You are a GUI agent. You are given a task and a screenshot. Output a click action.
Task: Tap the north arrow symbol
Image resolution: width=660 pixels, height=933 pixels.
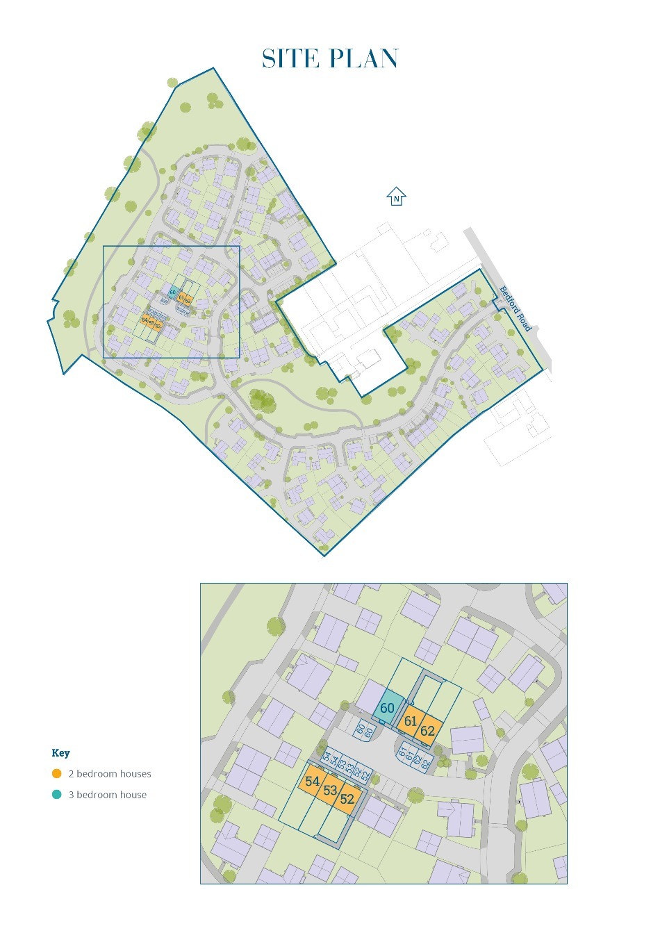click(x=396, y=197)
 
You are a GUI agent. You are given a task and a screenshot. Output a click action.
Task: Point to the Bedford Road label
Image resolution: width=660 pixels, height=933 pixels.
click(x=515, y=308)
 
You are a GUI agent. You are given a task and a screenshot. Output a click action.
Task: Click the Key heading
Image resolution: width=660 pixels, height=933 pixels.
click(x=60, y=752)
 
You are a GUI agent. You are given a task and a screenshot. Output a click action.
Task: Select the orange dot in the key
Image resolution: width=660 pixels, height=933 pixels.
click(x=56, y=773)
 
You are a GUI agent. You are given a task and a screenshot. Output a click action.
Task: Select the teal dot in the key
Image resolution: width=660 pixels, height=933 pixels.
click(x=56, y=795)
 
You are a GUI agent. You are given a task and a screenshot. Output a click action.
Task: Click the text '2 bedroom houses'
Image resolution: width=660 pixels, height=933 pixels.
click(x=109, y=774)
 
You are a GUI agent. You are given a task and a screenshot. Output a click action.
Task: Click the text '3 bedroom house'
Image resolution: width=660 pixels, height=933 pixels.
click(x=107, y=795)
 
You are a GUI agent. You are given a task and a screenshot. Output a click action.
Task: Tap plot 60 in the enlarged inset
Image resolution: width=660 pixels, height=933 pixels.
click(x=388, y=709)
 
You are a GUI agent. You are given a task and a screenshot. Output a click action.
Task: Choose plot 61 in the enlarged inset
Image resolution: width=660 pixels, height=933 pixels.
click(x=411, y=721)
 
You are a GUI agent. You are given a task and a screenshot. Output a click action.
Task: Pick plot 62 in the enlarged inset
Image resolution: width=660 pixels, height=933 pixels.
click(x=427, y=731)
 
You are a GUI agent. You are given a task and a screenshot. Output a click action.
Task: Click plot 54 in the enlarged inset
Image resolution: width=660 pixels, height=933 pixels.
click(x=313, y=782)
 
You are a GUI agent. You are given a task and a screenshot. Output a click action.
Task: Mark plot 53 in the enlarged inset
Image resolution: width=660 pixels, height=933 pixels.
click(x=330, y=791)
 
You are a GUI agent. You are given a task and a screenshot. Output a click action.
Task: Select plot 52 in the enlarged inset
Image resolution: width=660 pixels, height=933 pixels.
click(x=347, y=800)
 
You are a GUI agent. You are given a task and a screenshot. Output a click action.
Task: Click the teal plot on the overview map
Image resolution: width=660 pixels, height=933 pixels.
click(x=173, y=292)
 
